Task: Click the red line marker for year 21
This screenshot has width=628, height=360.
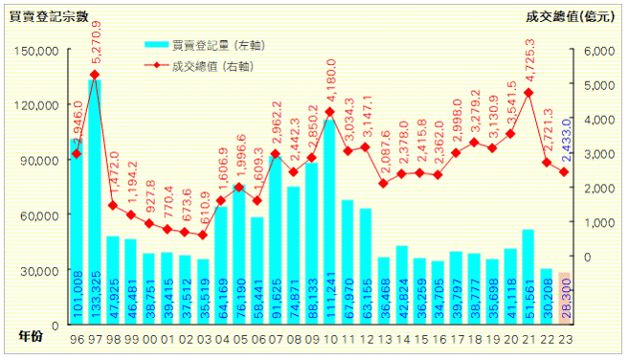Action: [x=528, y=93]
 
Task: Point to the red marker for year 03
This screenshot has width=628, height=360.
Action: [x=202, y=235]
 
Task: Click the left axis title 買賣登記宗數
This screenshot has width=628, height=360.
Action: [x=49, y=15]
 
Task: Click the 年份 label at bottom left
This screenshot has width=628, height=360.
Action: [x=31, y=336]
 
